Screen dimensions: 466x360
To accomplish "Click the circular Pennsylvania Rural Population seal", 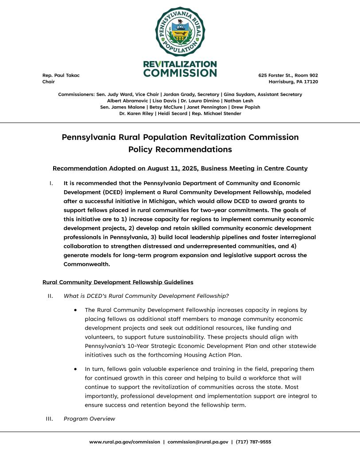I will click(x=180, y=31).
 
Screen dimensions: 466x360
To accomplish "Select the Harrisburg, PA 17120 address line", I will click(x=293, y=82).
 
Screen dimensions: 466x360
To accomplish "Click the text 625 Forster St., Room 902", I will click(x=288, y=75).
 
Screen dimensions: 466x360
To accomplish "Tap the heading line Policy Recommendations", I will click(x=180, y=149).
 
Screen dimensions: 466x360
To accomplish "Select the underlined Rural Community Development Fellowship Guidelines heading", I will click(x=118, y=282).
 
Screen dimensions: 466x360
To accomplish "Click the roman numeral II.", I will click(x=50, y=296).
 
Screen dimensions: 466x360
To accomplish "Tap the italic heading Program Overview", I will click(x=89, y=419).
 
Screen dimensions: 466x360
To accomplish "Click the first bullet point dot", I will click(x=76, y=310).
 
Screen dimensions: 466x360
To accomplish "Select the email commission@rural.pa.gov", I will click(x=198, y=442).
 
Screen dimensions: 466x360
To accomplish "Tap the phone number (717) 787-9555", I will click(x=253, y=442).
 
